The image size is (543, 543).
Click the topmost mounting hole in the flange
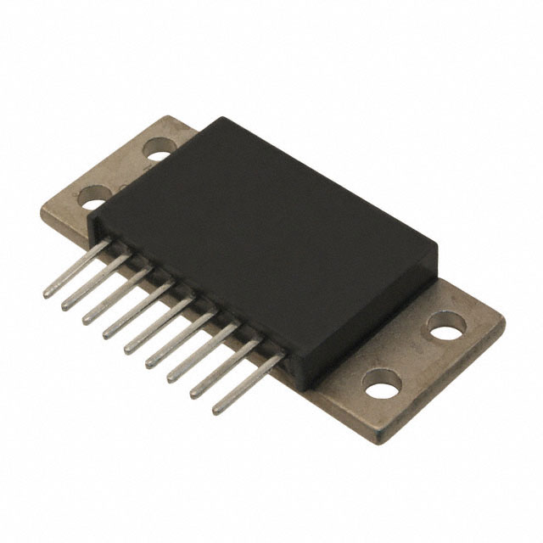(x=157, y=153)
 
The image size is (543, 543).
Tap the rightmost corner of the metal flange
(x=505, y=323)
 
